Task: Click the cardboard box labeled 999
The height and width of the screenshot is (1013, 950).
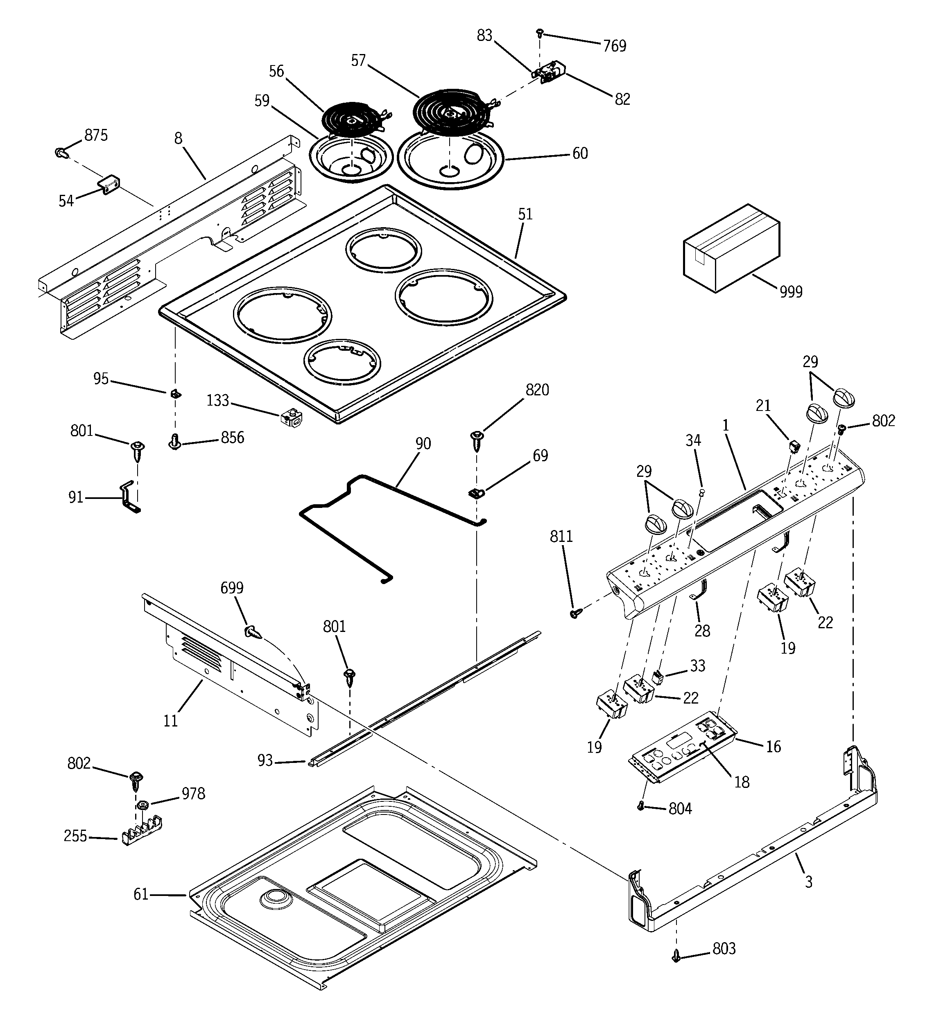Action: pyautogui.click(x=731, y=249)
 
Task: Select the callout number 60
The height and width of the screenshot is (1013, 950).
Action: pyautogui.click(x=580, y=153)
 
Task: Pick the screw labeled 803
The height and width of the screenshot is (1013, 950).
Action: pyautogui.click(x=677, y=957)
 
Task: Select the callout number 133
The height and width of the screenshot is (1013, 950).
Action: pyautogui.click(x=218, y=401)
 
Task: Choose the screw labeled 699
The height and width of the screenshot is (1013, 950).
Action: pyautogui.click(x=253, y=632)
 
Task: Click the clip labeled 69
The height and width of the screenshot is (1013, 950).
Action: pyautogui.click(x=476, y=493)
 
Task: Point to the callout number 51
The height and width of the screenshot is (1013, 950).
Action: pyautogui.click(x=525, y=214)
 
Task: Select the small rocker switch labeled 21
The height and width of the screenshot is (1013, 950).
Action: pyautogui.click(x=794, y=447)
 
